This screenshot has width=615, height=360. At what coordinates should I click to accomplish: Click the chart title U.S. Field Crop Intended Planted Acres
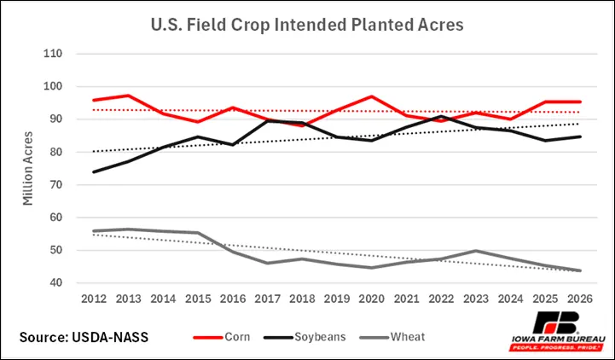point(307,25)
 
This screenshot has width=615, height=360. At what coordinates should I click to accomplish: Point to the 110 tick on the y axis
point(53,53)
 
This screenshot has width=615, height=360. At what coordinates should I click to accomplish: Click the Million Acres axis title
point(28,168)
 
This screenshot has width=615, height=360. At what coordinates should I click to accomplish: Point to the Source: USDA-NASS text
point(84,337)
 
